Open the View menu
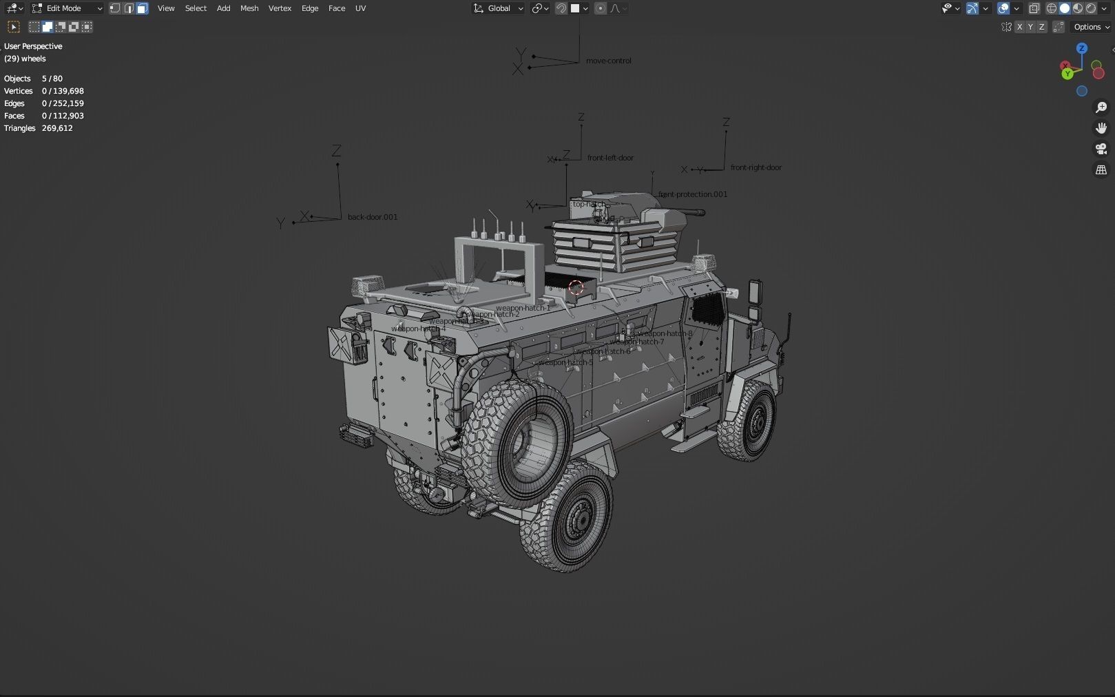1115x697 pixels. click(166, 8)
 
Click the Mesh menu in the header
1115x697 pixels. click(249, 8)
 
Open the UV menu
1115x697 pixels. click(360, 8)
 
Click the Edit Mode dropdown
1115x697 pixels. click(67, 8)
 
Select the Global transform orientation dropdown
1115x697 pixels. click(499, 8)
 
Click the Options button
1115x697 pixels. click(1092, 27)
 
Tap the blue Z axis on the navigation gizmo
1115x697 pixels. click(1082, 48)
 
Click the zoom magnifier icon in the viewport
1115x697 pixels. click(1101, 107)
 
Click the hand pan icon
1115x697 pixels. click(1101, 128)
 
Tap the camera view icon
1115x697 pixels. click(1101, 149)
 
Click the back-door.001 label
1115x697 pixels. click(373, 217)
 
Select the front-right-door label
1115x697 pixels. click(756, 167)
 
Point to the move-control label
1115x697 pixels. click(608, 61)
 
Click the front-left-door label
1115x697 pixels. click(610, 158)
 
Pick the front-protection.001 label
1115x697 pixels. click(693, 194)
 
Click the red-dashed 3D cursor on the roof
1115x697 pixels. click(576, 287)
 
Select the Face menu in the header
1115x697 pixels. click(337, 8)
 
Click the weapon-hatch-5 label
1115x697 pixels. click(565, 362)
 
